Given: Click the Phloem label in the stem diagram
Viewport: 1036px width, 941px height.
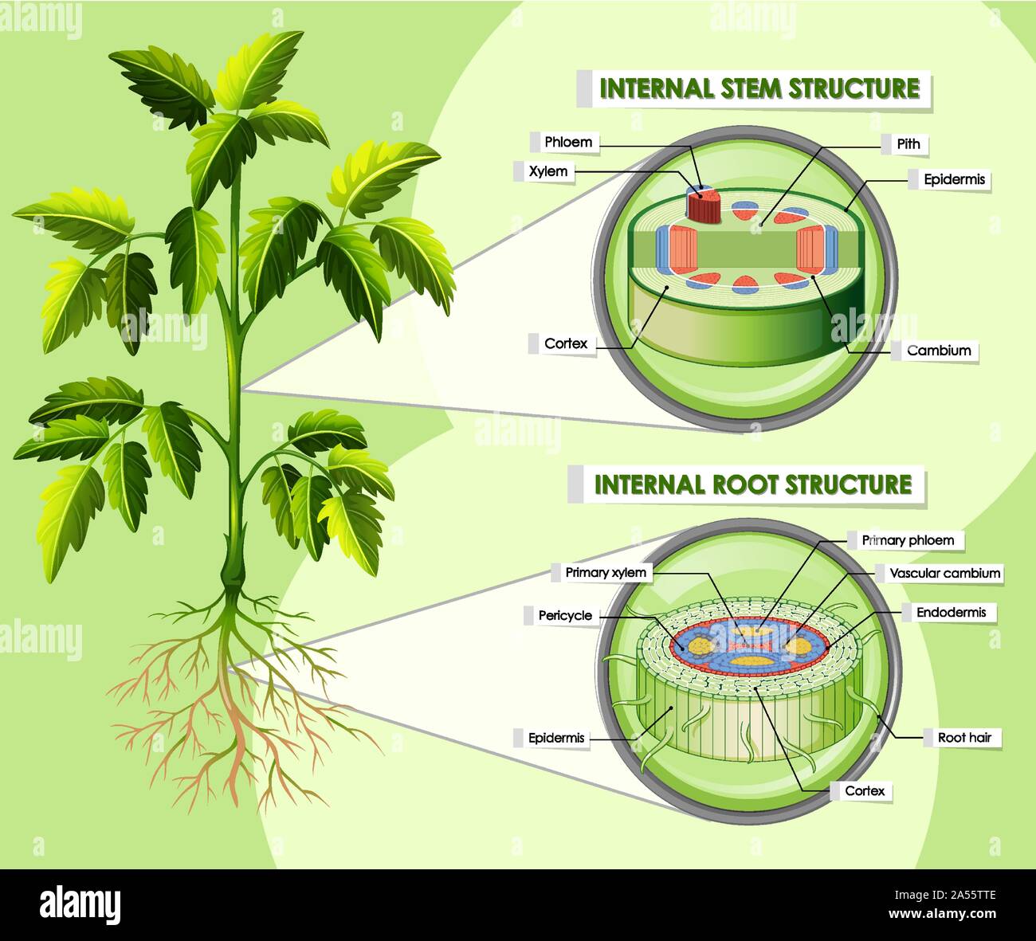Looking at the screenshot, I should [568, 143].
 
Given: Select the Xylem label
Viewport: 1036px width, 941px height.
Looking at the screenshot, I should [548, 171].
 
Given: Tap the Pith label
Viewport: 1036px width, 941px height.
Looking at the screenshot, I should [908, 144].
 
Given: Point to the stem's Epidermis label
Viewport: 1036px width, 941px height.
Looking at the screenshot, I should [954, 180].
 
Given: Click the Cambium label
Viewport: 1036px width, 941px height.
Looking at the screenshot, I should [939, 351].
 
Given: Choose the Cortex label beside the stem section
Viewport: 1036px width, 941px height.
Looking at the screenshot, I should [566, 344].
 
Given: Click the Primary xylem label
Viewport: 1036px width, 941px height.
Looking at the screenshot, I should [606, 573].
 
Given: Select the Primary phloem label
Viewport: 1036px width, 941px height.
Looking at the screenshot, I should [908, 540].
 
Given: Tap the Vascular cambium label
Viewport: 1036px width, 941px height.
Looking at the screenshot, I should [944, 573].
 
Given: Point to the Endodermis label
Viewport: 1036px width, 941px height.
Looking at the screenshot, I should [951, 613].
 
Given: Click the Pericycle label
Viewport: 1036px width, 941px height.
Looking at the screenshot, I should [565, 615].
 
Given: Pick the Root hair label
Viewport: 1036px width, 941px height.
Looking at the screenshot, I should [964, 738].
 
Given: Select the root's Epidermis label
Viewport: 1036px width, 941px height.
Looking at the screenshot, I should [556, 739].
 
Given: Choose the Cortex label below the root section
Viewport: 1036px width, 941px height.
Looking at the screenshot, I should [865, 791].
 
